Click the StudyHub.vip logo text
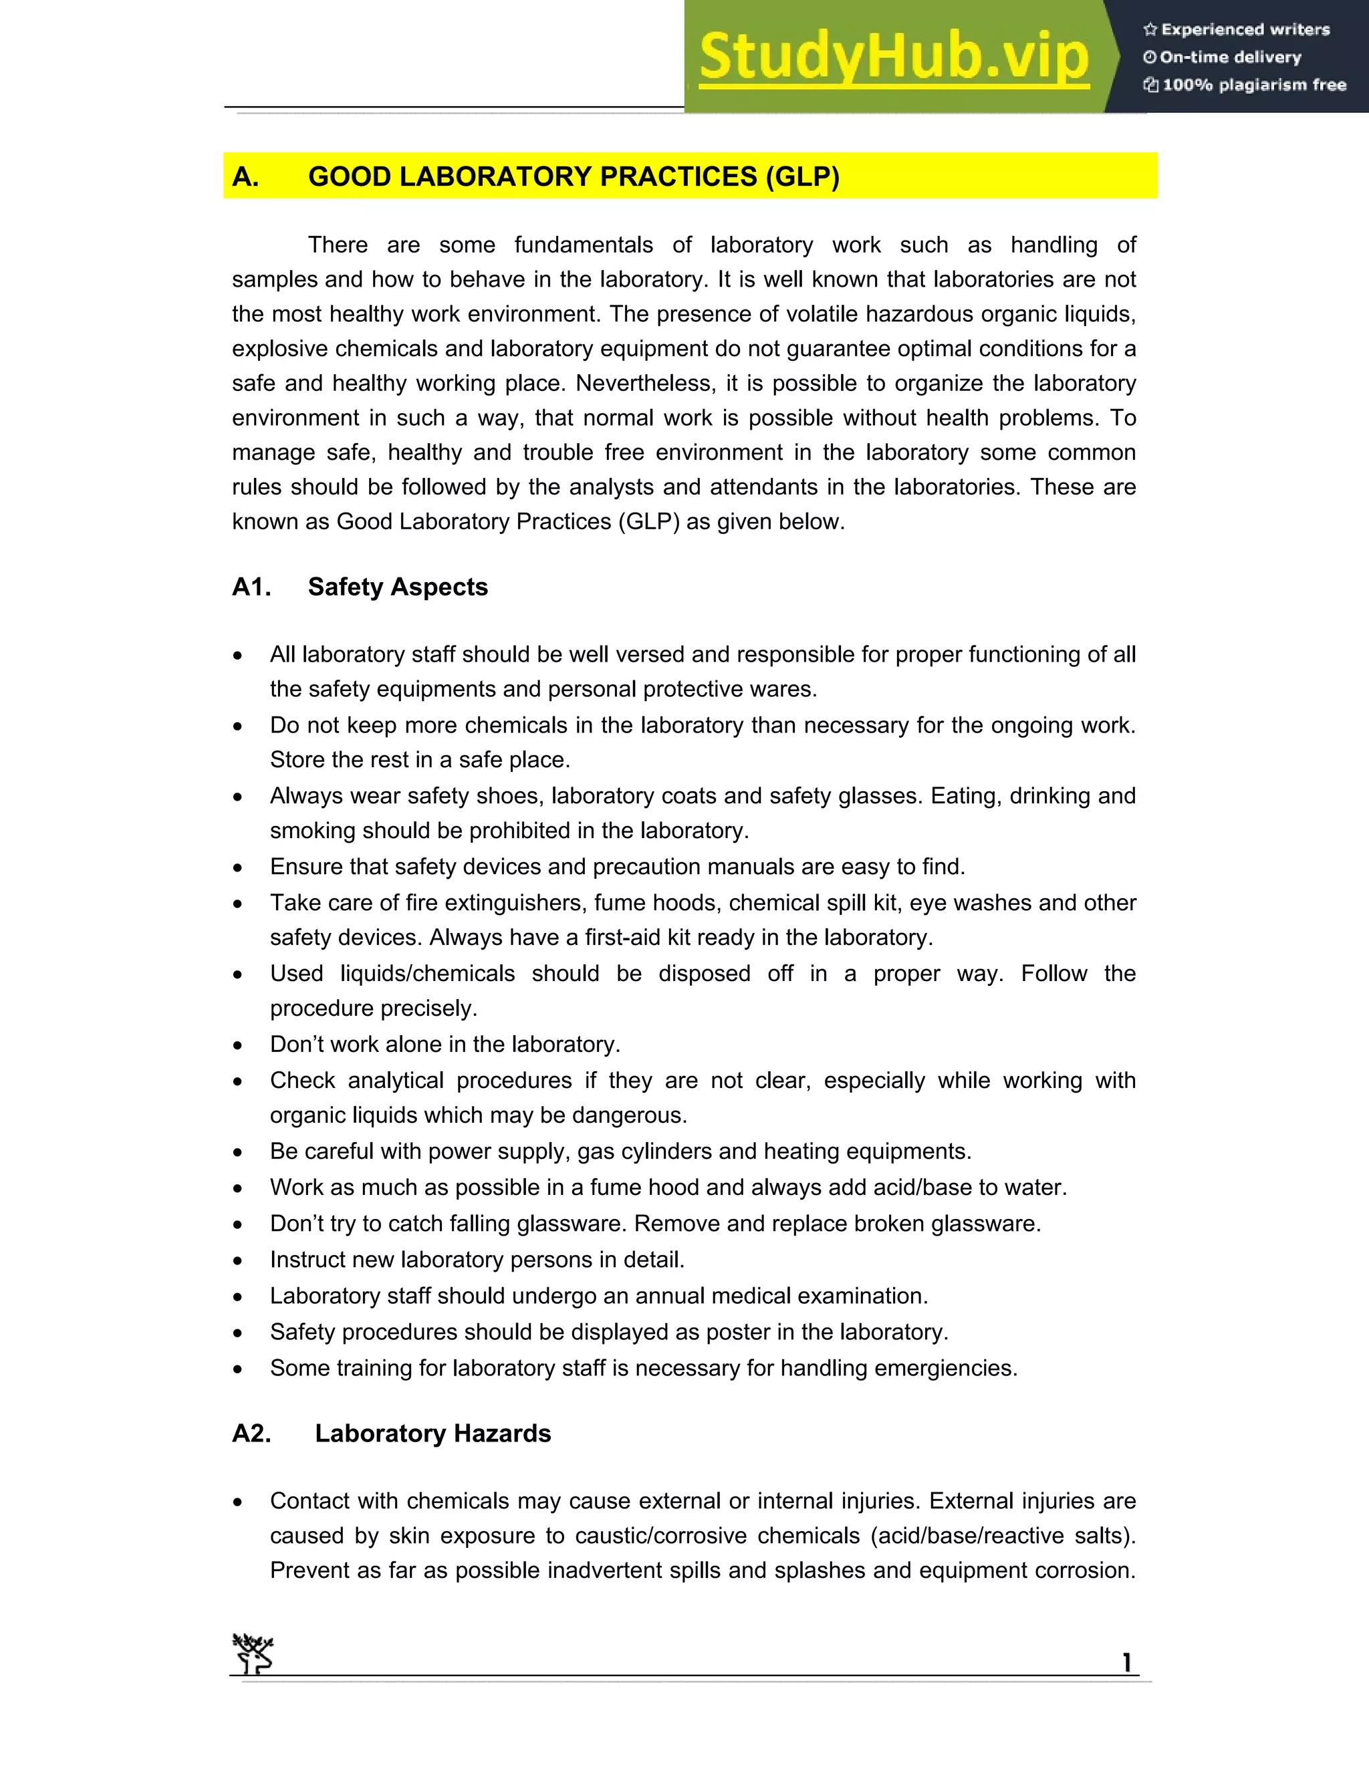(894, 57)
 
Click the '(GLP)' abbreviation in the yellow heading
(802, 177)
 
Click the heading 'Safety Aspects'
(398, 586)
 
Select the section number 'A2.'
(251, 1433)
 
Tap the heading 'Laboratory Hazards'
(432, 1433)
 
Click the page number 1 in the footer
(1126, 1663)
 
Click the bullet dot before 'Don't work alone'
(237, 1046)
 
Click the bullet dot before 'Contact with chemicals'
(237, 1502)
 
